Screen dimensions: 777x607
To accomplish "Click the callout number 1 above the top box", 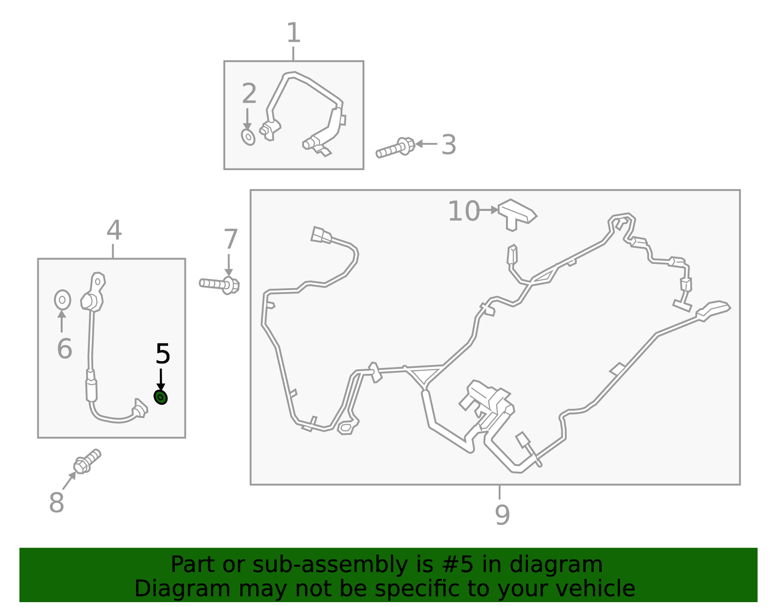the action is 294,33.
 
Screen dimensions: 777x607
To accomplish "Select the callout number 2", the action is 249,93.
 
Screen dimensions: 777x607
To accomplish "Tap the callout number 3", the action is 449,144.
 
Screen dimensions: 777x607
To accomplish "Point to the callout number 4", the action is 115,230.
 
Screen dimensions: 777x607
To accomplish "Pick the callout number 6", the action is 65,348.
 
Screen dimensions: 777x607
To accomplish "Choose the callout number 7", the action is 231,239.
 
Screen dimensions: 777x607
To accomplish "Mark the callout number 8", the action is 57,502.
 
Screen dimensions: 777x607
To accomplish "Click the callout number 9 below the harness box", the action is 503,514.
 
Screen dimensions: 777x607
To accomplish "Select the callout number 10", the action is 464,211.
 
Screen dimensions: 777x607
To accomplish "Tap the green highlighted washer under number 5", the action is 161,398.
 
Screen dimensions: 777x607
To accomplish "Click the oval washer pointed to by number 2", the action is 248,137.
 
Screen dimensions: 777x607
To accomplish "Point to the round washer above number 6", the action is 63,300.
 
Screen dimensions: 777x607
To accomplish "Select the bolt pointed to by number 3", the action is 395,147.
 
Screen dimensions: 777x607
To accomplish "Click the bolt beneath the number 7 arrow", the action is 219,285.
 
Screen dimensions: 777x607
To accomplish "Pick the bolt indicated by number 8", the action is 87,461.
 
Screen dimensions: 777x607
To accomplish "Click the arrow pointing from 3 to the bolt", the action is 426,144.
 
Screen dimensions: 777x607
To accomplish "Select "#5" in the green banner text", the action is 457,564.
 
